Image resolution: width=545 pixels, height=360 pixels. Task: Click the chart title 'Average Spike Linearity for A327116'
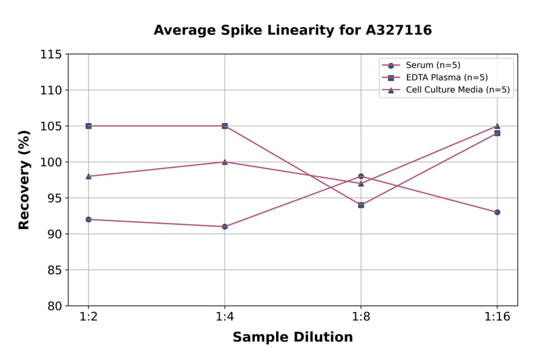point(292,30)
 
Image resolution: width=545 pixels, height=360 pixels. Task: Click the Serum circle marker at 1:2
point(88,219)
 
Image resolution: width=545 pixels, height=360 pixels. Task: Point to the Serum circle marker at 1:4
point(225,227)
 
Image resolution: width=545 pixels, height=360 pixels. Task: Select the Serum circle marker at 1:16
point(497,212)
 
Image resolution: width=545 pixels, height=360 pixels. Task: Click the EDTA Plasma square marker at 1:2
point(88,126)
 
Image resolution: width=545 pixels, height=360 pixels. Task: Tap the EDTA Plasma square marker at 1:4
point(225,126)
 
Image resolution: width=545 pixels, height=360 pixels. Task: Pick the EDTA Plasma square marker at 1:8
point(361,205)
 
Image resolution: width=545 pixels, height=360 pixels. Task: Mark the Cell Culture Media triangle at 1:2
point(88,176)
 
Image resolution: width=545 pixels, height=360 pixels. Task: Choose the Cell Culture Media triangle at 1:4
point(225,162)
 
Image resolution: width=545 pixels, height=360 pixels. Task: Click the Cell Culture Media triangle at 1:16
point(497,126)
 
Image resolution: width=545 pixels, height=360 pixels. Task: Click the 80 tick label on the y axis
point(54,306)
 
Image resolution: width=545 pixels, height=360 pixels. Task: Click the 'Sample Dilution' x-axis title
point(292,338)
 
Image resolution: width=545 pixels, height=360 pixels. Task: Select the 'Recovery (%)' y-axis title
point(24,180)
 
